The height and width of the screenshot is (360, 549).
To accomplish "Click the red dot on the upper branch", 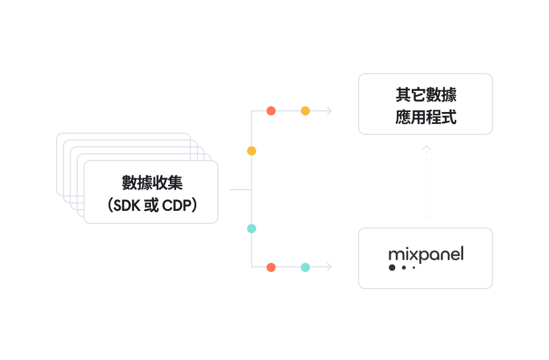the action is coord(271,111).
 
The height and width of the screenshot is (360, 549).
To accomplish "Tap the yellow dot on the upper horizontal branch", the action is coord(305,111).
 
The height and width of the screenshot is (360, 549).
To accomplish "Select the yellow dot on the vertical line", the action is coord(252,151).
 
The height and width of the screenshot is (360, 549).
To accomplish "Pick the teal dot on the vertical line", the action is coord(252,229).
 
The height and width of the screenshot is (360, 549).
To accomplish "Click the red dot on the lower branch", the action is coord(271,267).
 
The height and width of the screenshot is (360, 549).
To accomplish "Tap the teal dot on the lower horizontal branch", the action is coord(305,267).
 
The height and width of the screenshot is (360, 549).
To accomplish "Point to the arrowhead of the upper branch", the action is coord(329,111).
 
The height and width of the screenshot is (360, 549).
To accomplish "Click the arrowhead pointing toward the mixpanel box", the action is coord(329,267).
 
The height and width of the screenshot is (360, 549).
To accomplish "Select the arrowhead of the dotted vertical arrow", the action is coord(427,147).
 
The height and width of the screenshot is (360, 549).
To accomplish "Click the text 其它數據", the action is coord(426,95).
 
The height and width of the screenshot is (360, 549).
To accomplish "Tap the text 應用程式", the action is coord(426,117).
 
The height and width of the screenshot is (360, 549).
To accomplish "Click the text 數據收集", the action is coord(152,183).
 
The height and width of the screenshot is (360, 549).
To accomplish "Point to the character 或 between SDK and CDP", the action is coord(151,205).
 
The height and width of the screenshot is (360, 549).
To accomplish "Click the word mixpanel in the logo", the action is coord(426,254).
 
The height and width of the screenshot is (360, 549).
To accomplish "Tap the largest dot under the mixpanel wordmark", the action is coord(392,267).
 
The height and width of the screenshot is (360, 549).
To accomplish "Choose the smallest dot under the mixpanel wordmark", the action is coord(414,267).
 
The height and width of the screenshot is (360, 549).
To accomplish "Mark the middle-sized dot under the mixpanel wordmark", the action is coord(404,267).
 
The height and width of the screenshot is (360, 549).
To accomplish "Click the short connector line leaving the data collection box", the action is coord(241,190).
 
